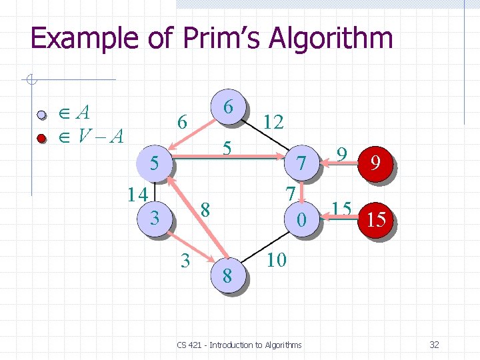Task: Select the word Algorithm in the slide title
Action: coord(331,39)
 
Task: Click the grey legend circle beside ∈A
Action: coord(41,115)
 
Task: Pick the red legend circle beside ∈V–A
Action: coord(41,138)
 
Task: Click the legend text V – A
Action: coord(100,137)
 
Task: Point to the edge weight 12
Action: coord(273,121)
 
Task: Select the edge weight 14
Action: coord(138,195)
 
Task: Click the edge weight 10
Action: coord(276,259)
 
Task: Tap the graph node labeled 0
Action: coord(302,218)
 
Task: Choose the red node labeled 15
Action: coord(376,219)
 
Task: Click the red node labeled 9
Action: coord(376,163)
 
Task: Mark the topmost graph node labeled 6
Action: coord(228,107)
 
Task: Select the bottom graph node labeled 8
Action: coord(227,275)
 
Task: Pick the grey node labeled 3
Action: coord(155,217)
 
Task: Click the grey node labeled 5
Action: coord(154,163)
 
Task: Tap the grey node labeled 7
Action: coord(302,163)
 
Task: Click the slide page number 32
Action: coord(434,345)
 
